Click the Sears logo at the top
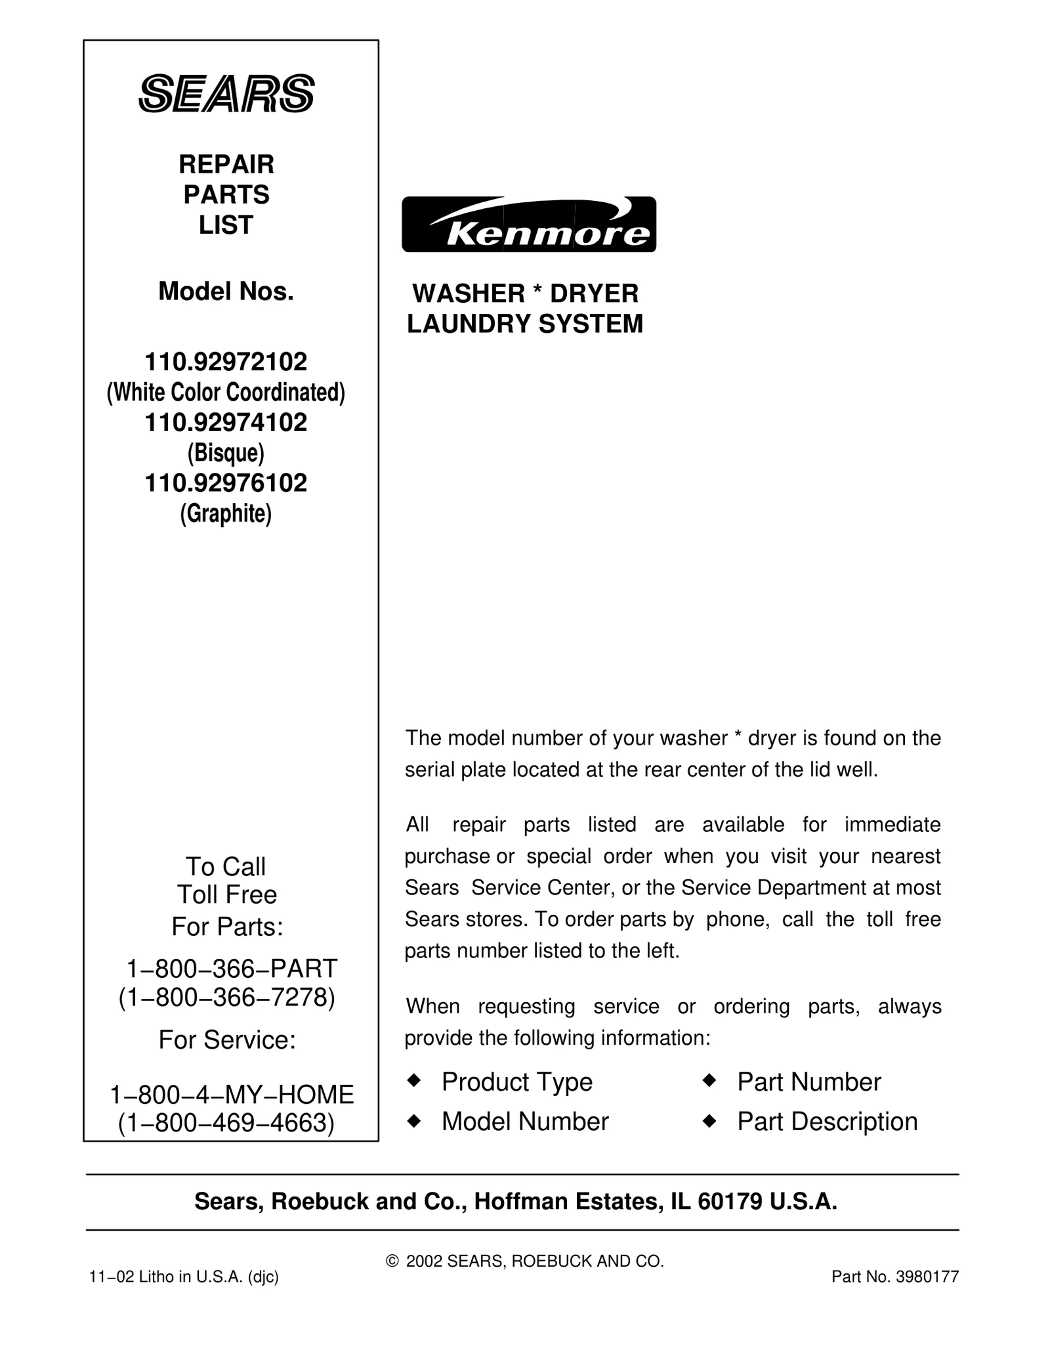pyautogui.click(x=226, y=94)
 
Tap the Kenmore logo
pyautogui.click(x=528, y=225)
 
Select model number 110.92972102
pyautogui.click(x=226, y=362)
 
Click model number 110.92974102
pyautogui.click(x=226, y=422)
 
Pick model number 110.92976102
pyautogui.click(x=226, y=483)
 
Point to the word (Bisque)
pyautogui.click(x=226, y=452)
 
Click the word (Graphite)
pyautogui.click(x=226, y=514)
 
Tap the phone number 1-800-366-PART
pyautogui.click(x=231, y=969)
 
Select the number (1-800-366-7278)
pyautogui.click(x=227, y=998)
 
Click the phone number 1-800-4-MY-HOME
pyautogui.click(x=231, y=1095)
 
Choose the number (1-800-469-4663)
pyautogui.click(x=226, y=1123)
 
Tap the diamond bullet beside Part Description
pyautogui.click(x=709, y=1122)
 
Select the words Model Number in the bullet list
pyautogui.click(x=525, y=1122)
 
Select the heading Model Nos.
pyautogui.click(x=226, y=292)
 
